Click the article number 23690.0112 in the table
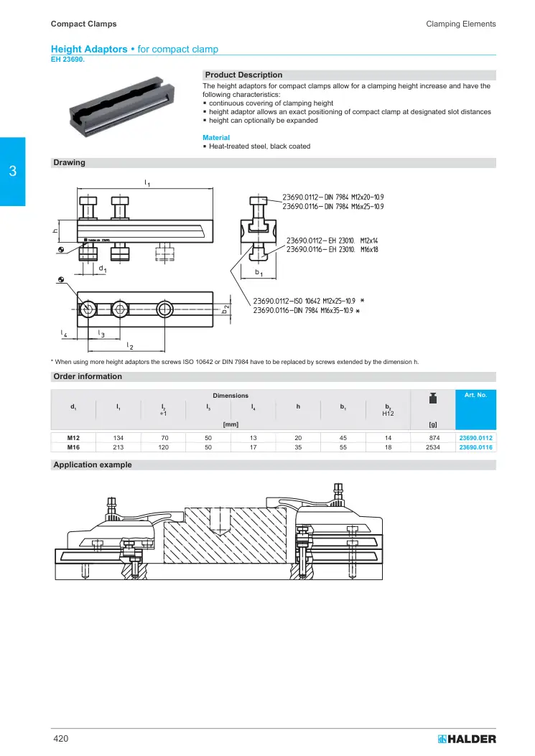point(475,438)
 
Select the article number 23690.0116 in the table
point(475,447)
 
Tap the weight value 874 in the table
point(434,438)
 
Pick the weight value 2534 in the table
point(433,447)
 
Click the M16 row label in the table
point(73,447)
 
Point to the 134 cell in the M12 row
point(118,438)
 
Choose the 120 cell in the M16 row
point(164,447)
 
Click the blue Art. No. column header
point(475,395)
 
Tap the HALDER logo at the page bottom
point(467,739)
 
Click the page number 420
point(61,739)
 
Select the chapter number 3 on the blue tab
point(12,171)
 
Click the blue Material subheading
point(216,137)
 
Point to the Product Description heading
point(243,75)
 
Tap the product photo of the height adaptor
point(121,106)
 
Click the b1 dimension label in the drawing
point(259,273)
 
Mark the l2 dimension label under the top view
point(130,346)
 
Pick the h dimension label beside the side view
point(55,231)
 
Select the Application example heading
point(93,465)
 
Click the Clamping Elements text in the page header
point(461,24)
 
